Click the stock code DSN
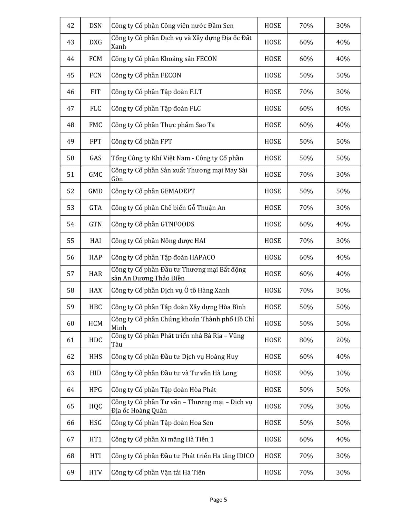point(95,26)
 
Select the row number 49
point(70,142)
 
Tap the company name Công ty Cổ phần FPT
point(142,142)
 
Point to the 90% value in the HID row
point(306,373)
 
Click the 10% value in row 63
point(343,373)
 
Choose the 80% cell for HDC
point(306,340)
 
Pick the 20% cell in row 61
point(343,340)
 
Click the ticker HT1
point(95,439)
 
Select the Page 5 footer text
point(218,500)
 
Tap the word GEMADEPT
point(178,191)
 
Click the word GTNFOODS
point(177,224)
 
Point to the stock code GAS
point(95,158)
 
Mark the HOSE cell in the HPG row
point(273,390)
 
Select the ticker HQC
point(95,406)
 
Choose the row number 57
point(70,274)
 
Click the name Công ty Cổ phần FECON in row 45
point(146,75)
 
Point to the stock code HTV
point(95,472)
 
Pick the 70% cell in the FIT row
point(306,92)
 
